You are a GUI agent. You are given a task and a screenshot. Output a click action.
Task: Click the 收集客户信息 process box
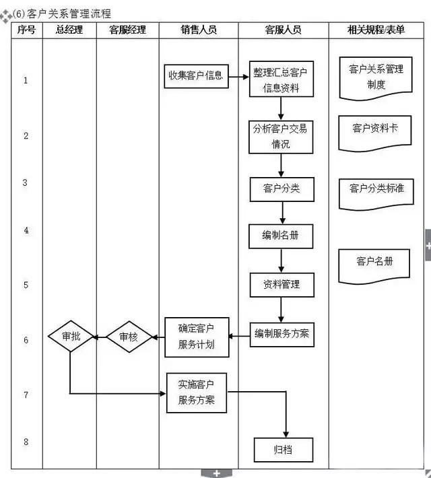click(195, 75)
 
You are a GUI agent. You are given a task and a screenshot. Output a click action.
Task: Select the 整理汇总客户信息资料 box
click(281, 80)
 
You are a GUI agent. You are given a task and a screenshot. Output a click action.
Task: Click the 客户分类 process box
click(281, 189)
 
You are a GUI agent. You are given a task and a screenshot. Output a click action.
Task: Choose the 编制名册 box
click(281, 236)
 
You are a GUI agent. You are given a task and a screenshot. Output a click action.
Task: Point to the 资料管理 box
click(281, 285)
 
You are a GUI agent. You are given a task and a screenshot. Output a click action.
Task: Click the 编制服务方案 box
click(281, 333)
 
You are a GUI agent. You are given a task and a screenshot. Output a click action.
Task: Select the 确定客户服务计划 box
click(197, 337)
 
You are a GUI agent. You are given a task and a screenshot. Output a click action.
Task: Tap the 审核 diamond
click(128, 337)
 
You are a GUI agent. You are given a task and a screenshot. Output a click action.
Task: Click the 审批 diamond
click(71, 337)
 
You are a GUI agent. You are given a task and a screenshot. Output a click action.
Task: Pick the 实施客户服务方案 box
click(197, 392)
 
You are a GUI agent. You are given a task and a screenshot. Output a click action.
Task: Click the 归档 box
click(283, 449)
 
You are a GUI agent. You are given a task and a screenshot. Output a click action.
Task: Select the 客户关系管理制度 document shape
click(376, 77)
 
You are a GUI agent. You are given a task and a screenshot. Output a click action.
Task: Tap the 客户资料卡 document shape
click(375, 129)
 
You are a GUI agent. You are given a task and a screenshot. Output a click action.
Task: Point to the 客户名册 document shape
click(375, 263)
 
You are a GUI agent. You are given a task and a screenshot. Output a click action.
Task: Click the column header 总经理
click(69, 30)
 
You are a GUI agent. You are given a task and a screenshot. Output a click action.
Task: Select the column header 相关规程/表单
click(376, 30)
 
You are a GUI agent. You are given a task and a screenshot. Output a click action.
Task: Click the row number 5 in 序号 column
click(26, 285)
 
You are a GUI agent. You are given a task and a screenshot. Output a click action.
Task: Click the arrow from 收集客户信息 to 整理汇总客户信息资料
click(238, 76)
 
